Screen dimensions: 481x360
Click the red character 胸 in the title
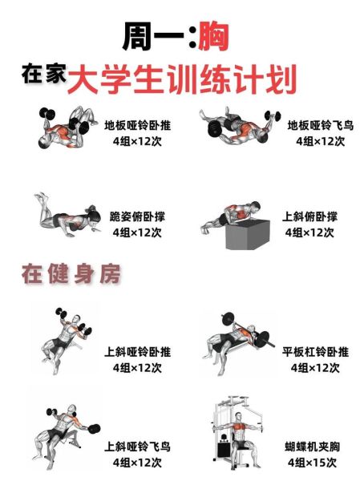[x=212, y=37]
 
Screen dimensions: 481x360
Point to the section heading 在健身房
[x=71, y=275]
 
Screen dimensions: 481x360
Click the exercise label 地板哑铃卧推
[x=137, y=125]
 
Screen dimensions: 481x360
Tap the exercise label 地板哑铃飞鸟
[x=320, y=125]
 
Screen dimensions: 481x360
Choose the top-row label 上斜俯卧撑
[x=309, y=216]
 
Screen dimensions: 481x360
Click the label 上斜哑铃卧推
[x=137, y=352]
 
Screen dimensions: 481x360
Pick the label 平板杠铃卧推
[x=315, y=352]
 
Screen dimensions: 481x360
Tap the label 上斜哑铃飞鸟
[x=137, y=447]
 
